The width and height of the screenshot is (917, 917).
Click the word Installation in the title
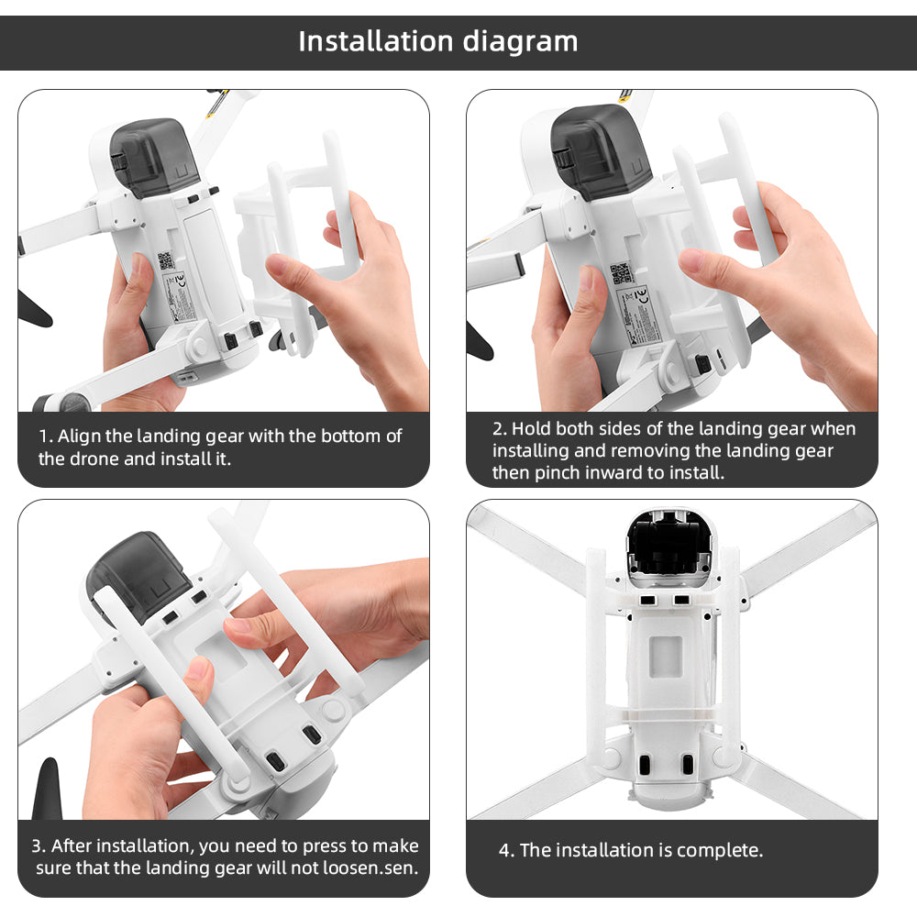(x=376, y=41)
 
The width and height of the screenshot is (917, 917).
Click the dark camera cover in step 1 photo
(x=151, y=156)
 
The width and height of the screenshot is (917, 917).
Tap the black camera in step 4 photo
(x=670, y=546)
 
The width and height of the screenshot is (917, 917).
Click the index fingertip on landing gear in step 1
(x=281, y=269)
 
